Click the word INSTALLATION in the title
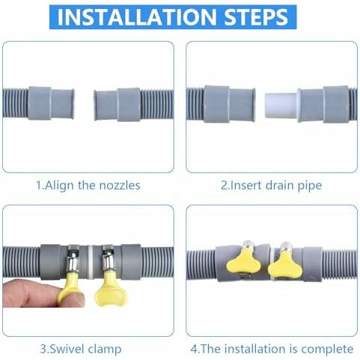click(x=137, y=17)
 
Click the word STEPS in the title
click(x=256, y=17)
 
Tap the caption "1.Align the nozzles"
click(x=88, y=186)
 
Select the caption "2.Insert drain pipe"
click(x=271, y=186)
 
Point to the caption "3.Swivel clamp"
click(x=81, y=349)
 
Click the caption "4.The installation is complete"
click(x=272, y=349)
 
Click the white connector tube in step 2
click(x=281, y=106)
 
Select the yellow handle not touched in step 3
click(x=111, y=290)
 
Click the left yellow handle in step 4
click(x=241, y=260)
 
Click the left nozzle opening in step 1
click(x=72, y=103)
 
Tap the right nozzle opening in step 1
click(x=96, y=106)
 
